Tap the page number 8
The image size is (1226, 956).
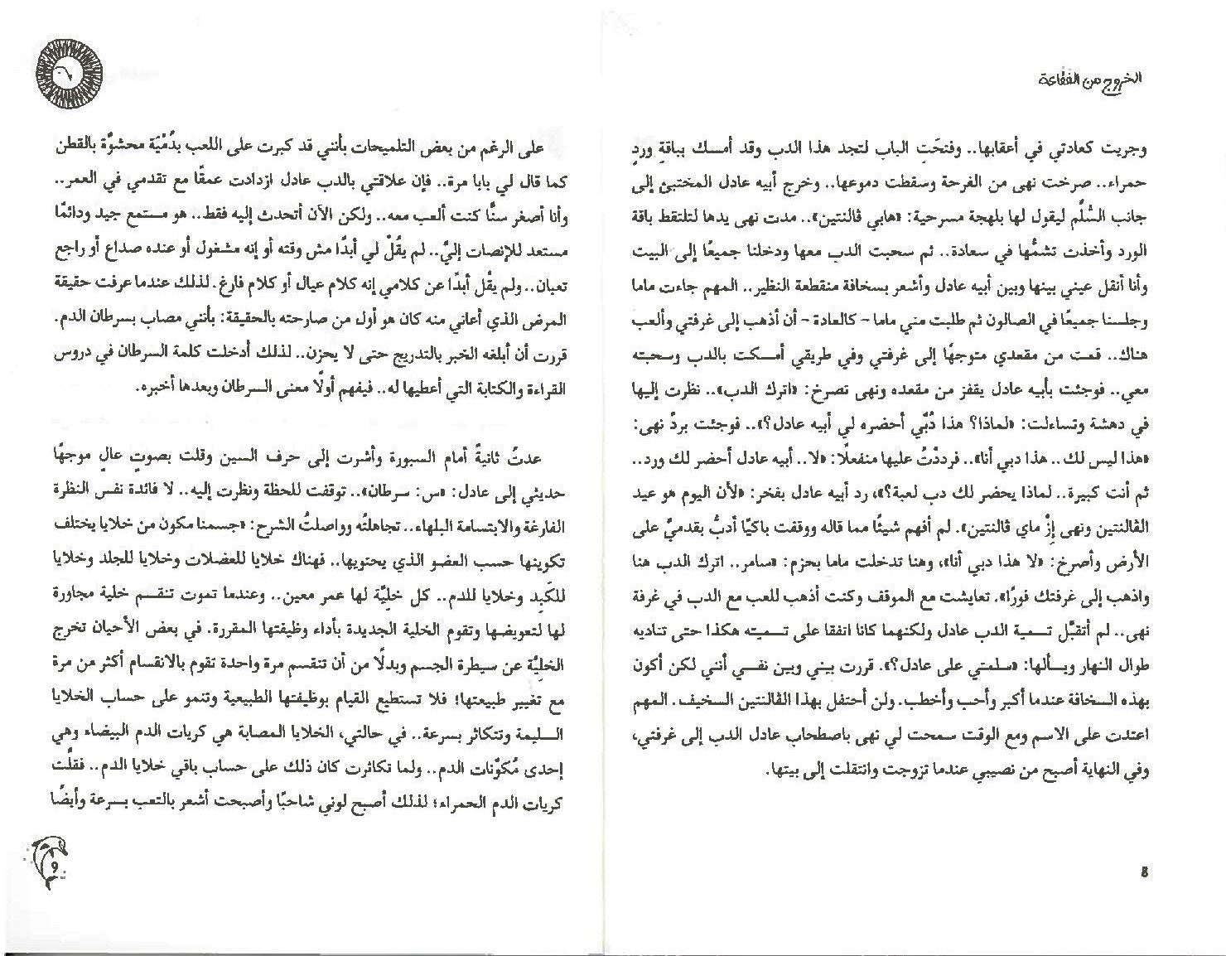(1143, 872)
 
